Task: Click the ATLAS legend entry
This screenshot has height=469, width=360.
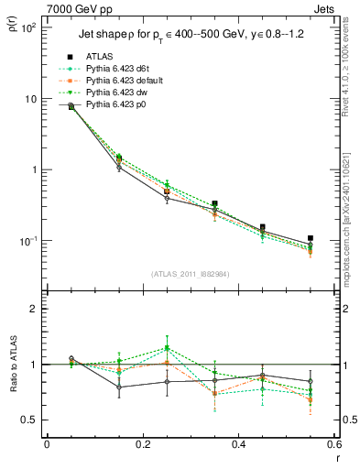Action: click(x=99, y=58)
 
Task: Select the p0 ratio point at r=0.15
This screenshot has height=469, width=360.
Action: click(x=119, y=387)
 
